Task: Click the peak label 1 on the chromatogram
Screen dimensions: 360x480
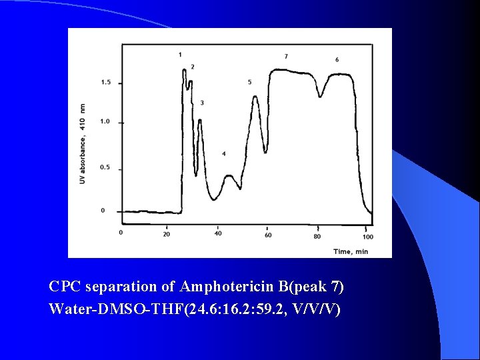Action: (x=180, y=54)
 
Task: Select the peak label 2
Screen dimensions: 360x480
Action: (x=193, y=67)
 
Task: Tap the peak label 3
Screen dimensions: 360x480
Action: (x=202, y=103)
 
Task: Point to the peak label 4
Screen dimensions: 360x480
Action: (x=224, y=154)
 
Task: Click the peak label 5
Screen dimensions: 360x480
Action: (x=249, y=82)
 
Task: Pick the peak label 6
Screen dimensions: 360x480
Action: (x=337, y=60)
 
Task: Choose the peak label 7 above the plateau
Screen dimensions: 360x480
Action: (x=286, y=56)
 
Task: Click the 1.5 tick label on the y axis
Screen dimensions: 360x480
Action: (x=106, y=83)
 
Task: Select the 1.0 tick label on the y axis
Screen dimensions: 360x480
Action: (x=106, y=122)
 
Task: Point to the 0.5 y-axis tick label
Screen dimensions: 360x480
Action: (x=106, y=167)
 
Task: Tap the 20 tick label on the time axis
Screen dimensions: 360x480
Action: (x=166, y=234)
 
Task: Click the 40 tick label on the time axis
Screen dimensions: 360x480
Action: (x=218, y=233)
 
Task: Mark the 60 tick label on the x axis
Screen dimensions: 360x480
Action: (x=268, y=235)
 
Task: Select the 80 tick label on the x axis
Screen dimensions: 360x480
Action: (x=317, y=236)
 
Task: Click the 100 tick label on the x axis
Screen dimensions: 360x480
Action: (x=368, y=237)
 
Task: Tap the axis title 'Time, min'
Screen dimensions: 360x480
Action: (x=351, y=251)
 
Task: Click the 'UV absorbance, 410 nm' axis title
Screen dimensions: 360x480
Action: (x=83, y=143)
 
